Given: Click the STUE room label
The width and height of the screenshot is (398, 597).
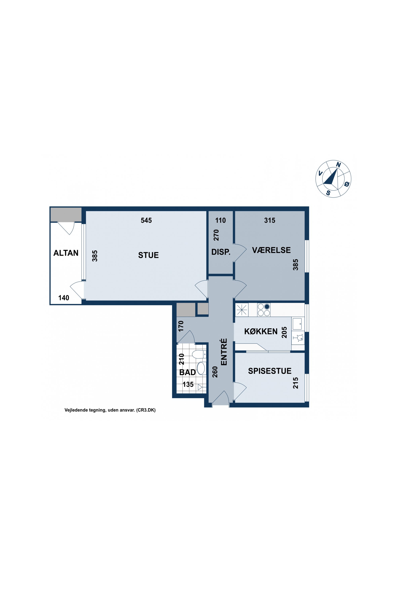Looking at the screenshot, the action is click(x=148, y=255).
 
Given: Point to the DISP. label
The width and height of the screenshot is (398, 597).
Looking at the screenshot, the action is click(x=221, y=252).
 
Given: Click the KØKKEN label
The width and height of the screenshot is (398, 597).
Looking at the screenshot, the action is click(x=261, y=331).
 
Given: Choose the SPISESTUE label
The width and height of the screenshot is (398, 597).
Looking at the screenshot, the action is click(x=270, y=371).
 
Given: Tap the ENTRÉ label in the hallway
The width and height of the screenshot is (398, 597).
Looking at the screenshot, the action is click(x=224, y=352).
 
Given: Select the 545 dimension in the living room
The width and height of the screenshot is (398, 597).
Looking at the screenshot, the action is click(x=146, y=220).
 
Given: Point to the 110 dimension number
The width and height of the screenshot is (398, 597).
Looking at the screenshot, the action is click(x=220, y=220).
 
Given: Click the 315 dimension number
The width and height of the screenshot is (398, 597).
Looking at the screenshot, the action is click(x=270, y=220).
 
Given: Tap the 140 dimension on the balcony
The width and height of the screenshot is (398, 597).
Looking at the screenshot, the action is click(x=64, y=298).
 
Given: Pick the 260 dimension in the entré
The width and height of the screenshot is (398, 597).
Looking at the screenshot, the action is click(x=215, y=372).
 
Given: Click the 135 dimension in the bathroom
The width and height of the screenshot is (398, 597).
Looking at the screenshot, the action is click(x=188, y=384).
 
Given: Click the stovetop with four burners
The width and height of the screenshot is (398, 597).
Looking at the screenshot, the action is click(x=264, y=310).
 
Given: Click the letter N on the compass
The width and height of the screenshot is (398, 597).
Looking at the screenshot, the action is click(x=338, y=165).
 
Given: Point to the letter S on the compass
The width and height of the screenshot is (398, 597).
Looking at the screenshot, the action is click(x=329, y=193).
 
